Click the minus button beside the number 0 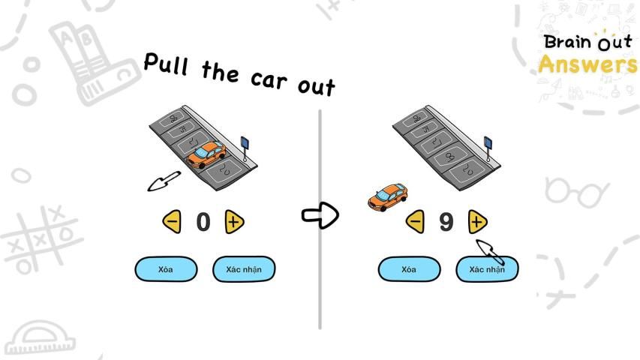click(x=172, y=221)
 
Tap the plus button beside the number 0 click(x=234, y=221)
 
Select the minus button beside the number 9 click(x=415, y=221)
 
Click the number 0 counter click(x=203, y=222)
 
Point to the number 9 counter click(x=446, y=222)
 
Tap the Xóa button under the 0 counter click(x=166, y=269)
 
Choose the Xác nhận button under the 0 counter click(x=244, y=269)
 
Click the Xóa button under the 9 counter click(x=408, y=269)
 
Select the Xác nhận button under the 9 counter click(x=486, y=269)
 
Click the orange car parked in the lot click(x=206, y=155)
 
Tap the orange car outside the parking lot click(x=388, y=196)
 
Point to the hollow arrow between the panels click(x=320, y=216)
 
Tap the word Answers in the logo click(x=587, y=64)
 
